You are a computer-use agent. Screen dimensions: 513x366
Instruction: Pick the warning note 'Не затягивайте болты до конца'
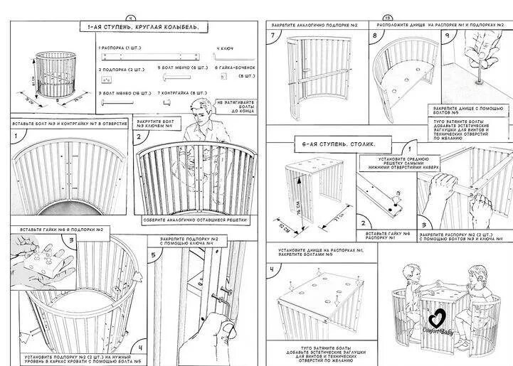pyautogui.click(x=233, y=107)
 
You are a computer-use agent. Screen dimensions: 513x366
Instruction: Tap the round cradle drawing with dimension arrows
pyautogui.click(x=50, y=78)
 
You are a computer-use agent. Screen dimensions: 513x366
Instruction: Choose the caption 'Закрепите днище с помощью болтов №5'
pyautogui.click(x=470, y=110)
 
